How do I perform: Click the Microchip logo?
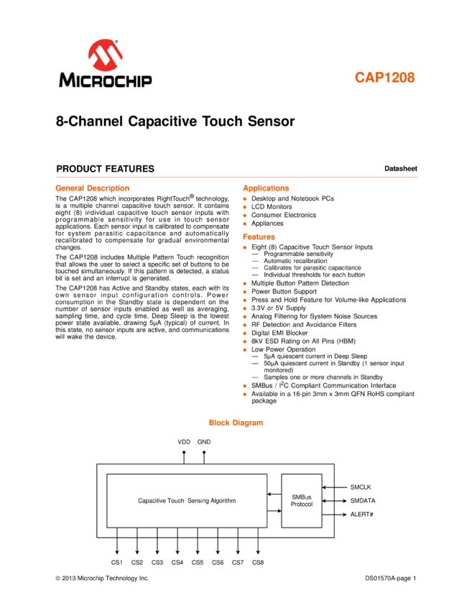pyautogui.click(x=106, y=63)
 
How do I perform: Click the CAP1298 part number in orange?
pyautogui.click(x=384, y=78)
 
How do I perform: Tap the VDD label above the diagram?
pyautogui.click(x=184, y=441)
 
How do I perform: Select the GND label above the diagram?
pyautogui.click(x=204, y=441)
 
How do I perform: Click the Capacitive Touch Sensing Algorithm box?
pyautogui.click(x=187, y=500)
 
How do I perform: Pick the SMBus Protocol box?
pyautogui.click(x=302, y=500)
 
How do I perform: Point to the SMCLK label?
pyautogui.click(x=361, y=487)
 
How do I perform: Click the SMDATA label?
pyautogui.click(x=363, y=500)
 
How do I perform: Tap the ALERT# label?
pyautogui.click(x=361, y=514)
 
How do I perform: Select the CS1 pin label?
pyautogui.click(x=117, y=562)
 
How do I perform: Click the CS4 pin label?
pyautogui.click(x=177, y=562)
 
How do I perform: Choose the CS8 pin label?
pyautogui.click(x=258, y=562)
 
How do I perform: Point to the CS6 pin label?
pyautogui.click(x=218, y=562)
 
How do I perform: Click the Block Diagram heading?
pyautogui.click(x=236, y=423)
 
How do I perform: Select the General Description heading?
pyautogui.click(x=93, y=188)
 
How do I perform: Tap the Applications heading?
pyautogui.click(x=266, y=188)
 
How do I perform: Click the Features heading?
pyautogui.click(x=259, y=236)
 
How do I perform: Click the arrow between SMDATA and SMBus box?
pyautogui.click(x=335, y=500)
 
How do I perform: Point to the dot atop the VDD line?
pyautogui.click(x=184, y=453)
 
